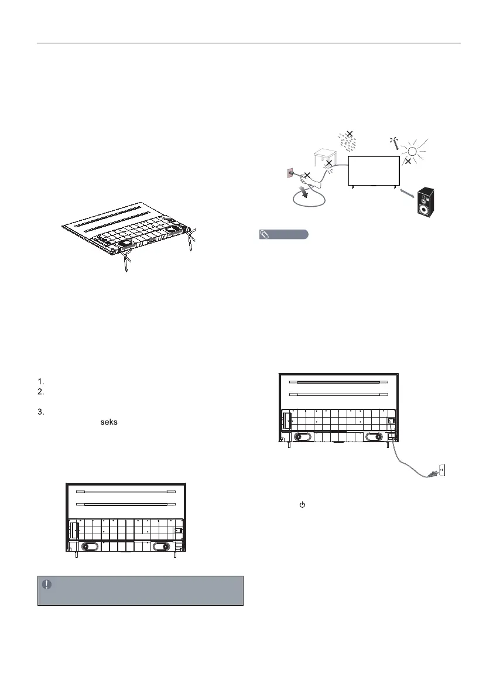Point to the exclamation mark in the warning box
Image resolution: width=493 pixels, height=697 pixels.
click(47, 584)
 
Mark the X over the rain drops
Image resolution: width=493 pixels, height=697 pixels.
click(349, 134)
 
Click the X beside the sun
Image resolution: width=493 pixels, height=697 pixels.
click(408, 160)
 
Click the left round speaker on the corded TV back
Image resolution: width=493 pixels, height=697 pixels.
click(303, 436)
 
